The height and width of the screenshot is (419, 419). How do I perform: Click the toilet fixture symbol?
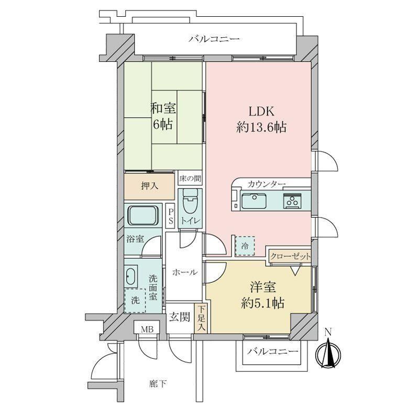point(190,202)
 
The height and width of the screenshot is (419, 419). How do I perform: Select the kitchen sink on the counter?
point(254,201)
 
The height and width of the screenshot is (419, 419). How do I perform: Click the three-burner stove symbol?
point(293,201)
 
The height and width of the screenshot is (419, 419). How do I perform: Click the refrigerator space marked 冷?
point(245,246)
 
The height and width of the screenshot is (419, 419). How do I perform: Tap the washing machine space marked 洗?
point(135,300)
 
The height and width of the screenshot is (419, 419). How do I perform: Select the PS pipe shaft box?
point(170,216)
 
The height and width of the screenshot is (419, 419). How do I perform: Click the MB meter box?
point(147,329)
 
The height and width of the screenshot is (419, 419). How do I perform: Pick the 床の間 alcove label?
point(190,179)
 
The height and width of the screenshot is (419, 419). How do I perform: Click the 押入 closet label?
point(150,186)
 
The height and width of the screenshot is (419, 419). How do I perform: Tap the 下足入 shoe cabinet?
point(202,318)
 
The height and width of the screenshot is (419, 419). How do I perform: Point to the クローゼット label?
point(290,257)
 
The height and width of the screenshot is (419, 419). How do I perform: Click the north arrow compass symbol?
point(328,353)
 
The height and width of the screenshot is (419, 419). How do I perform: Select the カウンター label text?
point(267,184)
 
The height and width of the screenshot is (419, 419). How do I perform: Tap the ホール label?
point(185,272)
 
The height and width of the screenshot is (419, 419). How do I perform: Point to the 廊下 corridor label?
point(158,384)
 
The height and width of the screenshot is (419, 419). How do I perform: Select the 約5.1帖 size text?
point(262,303)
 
